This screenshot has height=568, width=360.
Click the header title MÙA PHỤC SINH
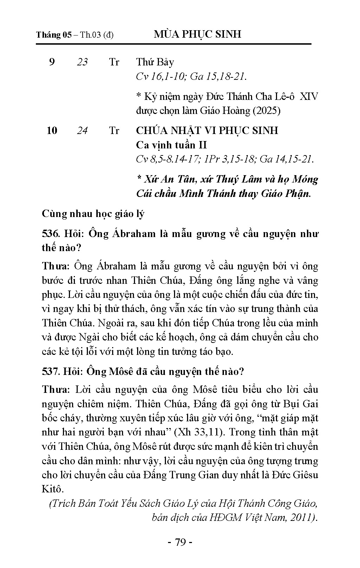coord(198,34)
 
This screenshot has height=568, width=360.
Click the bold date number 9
coord(52,62)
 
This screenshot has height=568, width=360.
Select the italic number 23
coord(82,62)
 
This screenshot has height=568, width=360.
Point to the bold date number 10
coord(52,130)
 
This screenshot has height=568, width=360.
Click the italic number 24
coord(82,130)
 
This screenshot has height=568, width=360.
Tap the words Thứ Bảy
coord(155,62)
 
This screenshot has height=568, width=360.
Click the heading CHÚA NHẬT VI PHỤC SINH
coord(207,130)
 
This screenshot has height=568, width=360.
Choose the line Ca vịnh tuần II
coord(172,145)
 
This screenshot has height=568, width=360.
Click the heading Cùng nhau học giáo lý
coord(93,213)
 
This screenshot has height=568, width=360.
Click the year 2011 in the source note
coord(301,518)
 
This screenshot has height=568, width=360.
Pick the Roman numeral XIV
coord(308,96)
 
